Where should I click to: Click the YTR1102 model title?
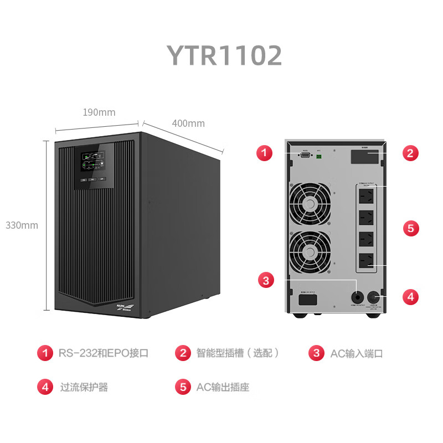point(224,55)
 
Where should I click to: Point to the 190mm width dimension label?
point(99,112)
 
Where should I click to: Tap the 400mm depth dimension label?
point(188,123)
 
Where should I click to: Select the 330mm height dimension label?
point(22,225)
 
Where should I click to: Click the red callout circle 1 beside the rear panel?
point(265,153)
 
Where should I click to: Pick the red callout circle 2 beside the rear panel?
point(410,153)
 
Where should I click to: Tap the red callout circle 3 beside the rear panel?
point(266,280)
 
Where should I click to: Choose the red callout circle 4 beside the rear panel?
point(410,296)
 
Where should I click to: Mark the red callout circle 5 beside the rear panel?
point(410,228)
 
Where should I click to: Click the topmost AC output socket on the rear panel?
point(365,195)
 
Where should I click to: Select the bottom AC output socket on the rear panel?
point(365,260)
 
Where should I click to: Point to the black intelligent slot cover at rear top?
point(365,156)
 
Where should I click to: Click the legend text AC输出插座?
point(223,387)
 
